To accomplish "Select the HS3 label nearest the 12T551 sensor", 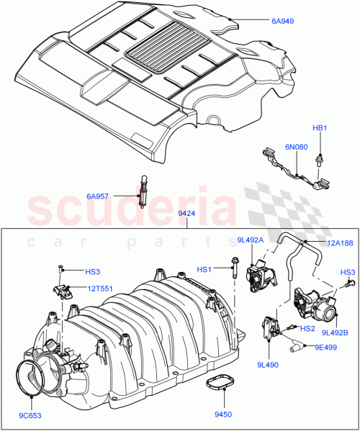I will tap(93, 272).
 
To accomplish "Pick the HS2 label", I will tap(307, 328).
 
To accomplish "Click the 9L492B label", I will tap(336, 332).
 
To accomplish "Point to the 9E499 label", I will tap(325, 346).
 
